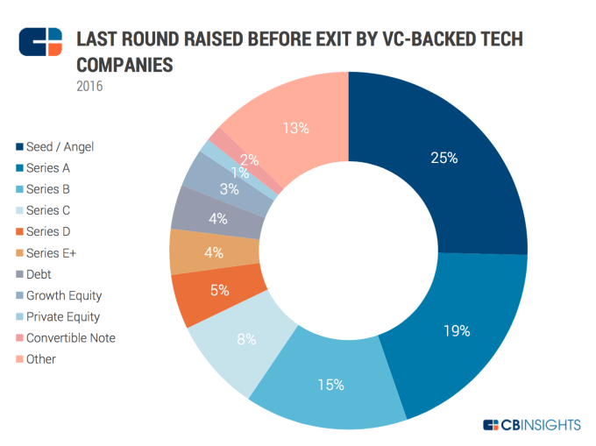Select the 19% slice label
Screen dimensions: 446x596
(x=458, y=331)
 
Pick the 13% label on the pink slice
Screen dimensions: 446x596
(x=296, y=128)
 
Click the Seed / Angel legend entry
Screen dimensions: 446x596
(x=60, y=146)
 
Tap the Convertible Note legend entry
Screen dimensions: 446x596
(x=71, y=338)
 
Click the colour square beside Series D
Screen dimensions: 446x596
(x=18, y=231)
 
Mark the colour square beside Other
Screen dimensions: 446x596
(x=18, y=359)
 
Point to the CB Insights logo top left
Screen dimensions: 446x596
(x=40, y=42)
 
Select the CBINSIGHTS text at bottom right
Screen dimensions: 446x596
(x=541, y=425)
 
